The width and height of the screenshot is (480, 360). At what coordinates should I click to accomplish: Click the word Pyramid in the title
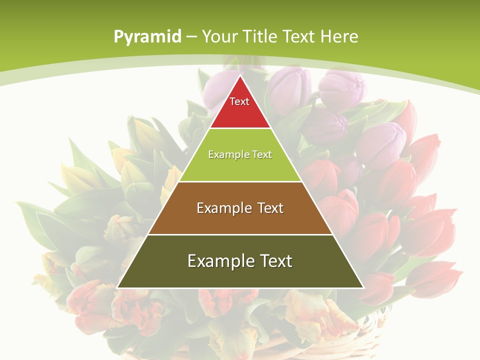coord(147,37)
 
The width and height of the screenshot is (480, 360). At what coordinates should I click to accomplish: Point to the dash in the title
coord(191,37)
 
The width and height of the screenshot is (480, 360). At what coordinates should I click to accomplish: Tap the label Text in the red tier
coord(239,101)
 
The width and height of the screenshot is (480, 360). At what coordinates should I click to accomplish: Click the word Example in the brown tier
coord(223,208)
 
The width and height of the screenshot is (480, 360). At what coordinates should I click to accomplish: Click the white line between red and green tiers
coord(240,128)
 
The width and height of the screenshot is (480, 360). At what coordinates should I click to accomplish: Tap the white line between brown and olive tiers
coord(240,234)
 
